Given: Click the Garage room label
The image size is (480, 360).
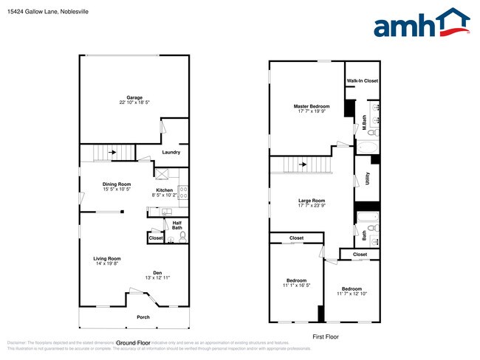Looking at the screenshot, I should coord(134,97).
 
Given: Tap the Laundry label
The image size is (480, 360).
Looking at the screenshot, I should coord(171,153).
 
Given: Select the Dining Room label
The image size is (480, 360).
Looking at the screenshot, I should coord(117,184).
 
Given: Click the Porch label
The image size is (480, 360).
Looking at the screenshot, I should coord(143,317).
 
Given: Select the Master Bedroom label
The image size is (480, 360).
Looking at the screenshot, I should coord(313,106).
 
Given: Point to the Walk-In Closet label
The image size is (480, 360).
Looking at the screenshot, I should coord(362,80).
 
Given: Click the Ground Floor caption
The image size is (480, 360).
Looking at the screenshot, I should coord(134,343).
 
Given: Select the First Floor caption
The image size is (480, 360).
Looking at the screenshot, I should coord(324,336).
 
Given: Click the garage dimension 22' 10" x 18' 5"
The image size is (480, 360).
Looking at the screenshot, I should coord(134,103).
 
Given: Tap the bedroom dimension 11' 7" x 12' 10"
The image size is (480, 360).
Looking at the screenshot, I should coord(352,294).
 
